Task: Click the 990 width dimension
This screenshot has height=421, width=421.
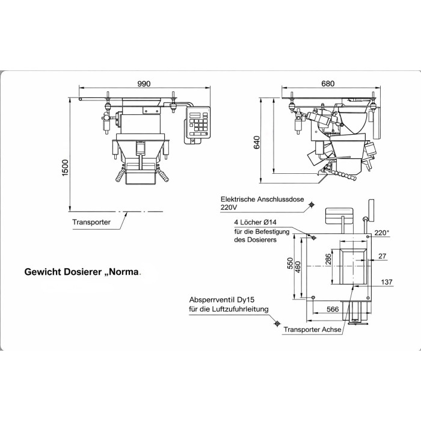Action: [x=144, y=84]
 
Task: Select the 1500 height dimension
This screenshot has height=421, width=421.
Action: [x=65, y=168]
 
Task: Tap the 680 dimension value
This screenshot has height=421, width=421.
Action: [x=328, y=84]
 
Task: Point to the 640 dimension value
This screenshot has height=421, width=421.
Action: [x=257, y=143]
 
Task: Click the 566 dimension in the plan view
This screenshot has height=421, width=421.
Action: [x=333, y=309]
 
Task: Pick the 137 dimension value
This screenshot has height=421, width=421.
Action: [x=387, y=282]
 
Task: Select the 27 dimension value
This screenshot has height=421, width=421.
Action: [x=383, y=256]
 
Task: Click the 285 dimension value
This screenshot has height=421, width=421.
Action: [x=328, y=260]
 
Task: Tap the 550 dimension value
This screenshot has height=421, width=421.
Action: [x=290, y=263]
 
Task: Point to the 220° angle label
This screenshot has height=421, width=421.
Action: [x=382, y=233]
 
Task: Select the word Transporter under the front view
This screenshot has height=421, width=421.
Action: [x=91, y=222]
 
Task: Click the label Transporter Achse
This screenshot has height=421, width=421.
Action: [x=313, y=330]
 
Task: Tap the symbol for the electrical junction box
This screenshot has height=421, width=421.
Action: [x=312, y=205]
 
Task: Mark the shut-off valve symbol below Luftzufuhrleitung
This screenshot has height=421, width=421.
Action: [x=278, y=324]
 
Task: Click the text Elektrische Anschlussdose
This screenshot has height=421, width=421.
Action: [x=262, y=199]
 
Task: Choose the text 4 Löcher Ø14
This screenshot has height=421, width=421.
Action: [x=255, y=223]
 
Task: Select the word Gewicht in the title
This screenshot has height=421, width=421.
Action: [x=43, y=272]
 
